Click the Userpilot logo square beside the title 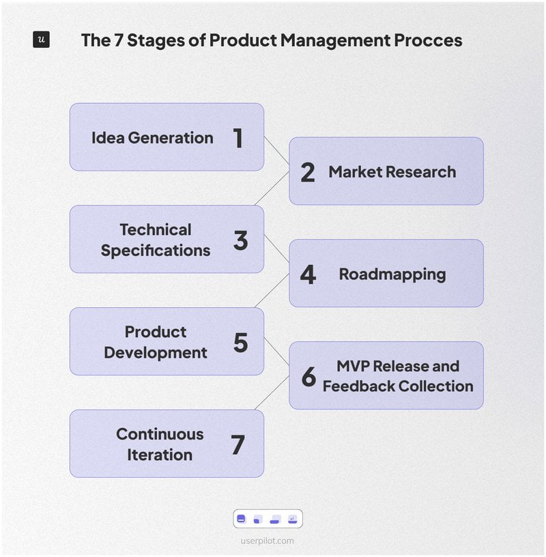[x=41, y=40]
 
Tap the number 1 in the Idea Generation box [x=238, y=138]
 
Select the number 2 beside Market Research [x=308, y=173]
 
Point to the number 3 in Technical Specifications [x=240, y=240]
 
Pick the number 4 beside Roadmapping [x=308, y=275]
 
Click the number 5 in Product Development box [x=240, y=343]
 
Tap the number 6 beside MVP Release [x=308, y=377]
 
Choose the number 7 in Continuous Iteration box [x=238, y=445]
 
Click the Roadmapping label [x=392, y=274]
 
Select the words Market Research [x=392, y=172]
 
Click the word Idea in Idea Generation [x=108, y=138]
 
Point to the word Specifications [x=156, y=251]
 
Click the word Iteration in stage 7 [x=160, y=455]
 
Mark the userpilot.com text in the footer [x=268, y=541]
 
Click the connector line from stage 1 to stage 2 [x=276, y=150]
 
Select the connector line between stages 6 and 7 [x=276, y=396]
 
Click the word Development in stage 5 [x=156, y=353]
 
